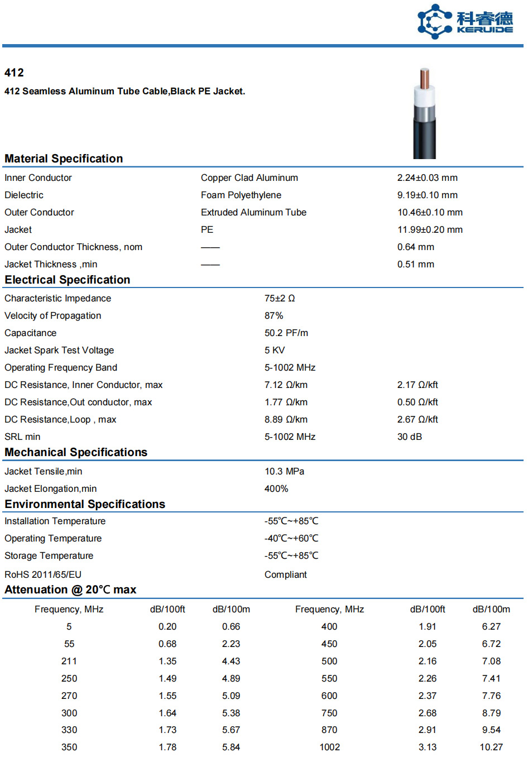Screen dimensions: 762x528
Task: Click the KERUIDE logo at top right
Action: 465,22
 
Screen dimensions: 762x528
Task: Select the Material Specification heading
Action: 64,159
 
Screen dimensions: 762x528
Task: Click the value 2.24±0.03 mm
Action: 427,178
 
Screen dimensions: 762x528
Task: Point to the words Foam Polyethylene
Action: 241,195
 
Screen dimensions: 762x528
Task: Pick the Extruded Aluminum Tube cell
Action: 253,212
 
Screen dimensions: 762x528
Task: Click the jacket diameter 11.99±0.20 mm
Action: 430,229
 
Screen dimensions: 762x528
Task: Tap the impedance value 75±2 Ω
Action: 280,298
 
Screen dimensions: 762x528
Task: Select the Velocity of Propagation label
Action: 53,315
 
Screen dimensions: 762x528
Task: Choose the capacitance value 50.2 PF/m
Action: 286,333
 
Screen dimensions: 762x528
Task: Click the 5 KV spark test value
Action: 275,350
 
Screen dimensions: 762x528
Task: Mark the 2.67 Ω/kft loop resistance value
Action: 417,419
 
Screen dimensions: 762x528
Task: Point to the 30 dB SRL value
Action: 410,437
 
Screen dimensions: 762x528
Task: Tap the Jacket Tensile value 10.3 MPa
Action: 285,471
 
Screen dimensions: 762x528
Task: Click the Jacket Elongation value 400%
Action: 276,488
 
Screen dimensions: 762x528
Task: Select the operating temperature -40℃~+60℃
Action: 291,538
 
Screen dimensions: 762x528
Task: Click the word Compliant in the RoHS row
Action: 286,574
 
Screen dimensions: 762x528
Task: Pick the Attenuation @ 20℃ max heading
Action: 70,590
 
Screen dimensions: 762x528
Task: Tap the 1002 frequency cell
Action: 329,747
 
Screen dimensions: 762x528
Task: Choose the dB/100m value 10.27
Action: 491,747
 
